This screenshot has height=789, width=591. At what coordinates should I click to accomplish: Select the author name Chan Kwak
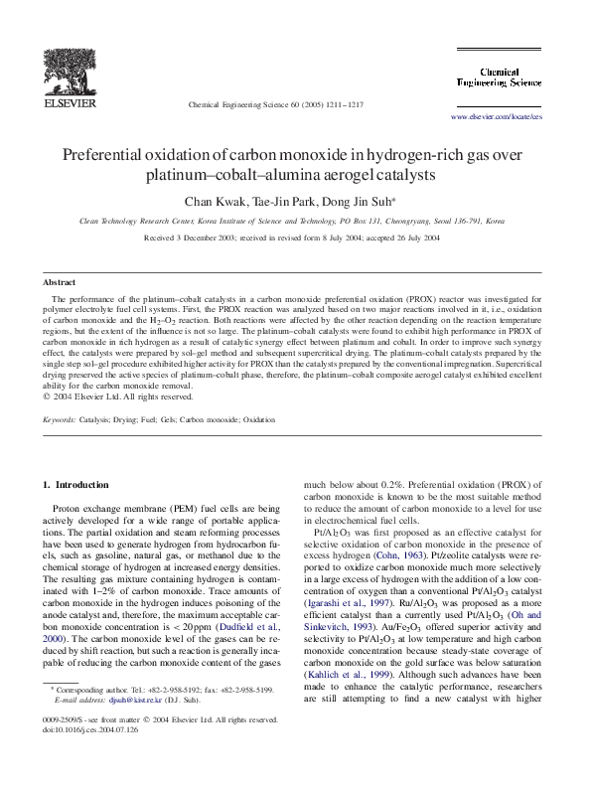point(219,202)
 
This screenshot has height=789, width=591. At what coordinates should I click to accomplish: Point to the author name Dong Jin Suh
point(368,202)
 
